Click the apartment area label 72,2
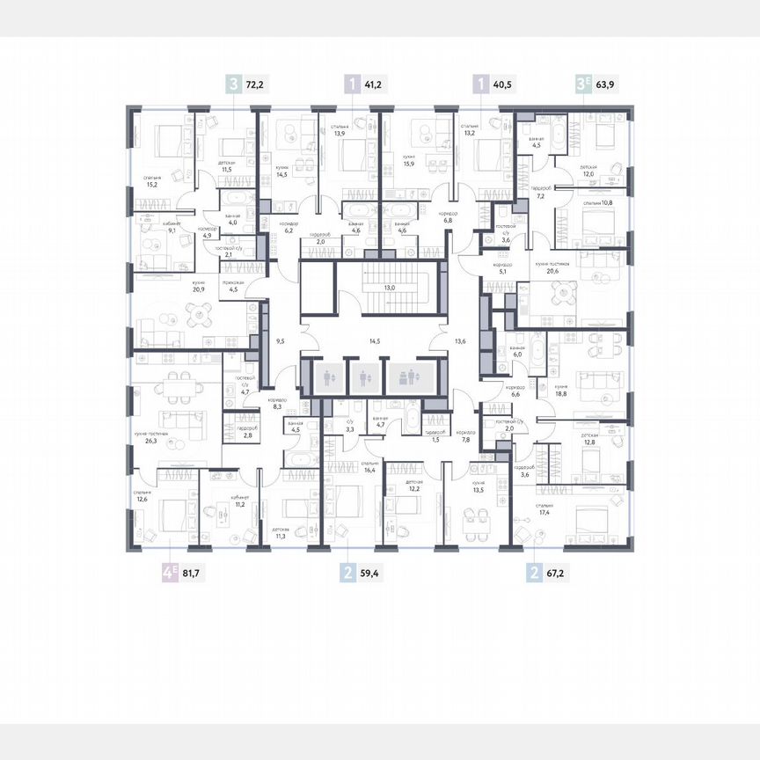tap(255, 85)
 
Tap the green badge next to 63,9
tap(581, 85)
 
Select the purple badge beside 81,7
tap(168, 574)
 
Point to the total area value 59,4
tap(371, 574)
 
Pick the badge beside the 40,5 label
tap(479, 85)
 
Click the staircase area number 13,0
tap(388, 288)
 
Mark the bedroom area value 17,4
tap(544, 513)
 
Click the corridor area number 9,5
tap(280, 339)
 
